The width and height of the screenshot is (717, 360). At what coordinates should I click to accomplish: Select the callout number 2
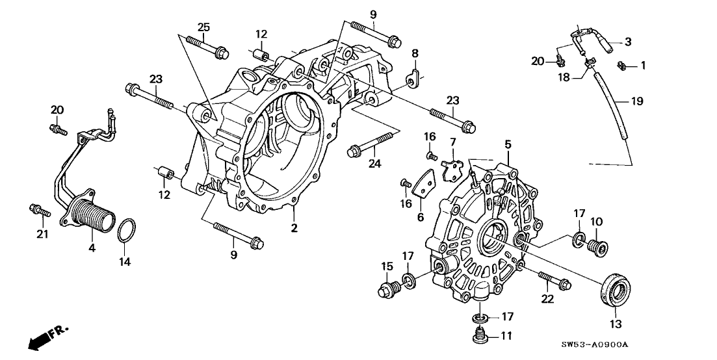(x=294, y=227)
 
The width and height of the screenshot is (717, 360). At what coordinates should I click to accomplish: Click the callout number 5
(x=508, y=144)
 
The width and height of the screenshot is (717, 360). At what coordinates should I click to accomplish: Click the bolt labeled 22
(x=554, y=281)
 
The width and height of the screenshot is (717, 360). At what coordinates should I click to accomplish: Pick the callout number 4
(x=92, y=247)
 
